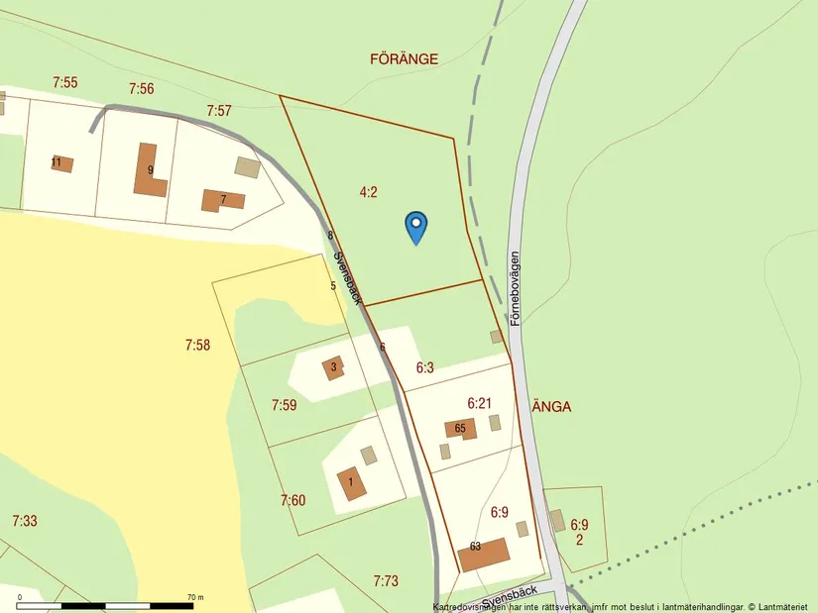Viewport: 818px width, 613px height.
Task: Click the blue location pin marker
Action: point(416,227)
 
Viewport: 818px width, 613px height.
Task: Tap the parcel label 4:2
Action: point(368,192)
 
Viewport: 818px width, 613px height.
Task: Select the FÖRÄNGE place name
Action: point(404,59)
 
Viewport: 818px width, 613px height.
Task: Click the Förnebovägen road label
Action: point(515,288)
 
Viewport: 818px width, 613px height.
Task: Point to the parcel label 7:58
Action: point(198,345)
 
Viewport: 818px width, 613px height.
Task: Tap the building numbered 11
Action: point(61,163)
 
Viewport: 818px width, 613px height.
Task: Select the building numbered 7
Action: point(222,200)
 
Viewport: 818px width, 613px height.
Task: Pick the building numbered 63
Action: point(484,554)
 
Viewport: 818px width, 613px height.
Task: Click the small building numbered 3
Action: point(334,367)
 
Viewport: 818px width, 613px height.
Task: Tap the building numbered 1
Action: point(351,483)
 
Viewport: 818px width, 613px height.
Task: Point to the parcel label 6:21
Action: point(479,403)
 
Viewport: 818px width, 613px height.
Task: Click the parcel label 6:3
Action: point(424,367)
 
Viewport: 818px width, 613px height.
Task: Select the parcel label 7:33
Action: point(25,521)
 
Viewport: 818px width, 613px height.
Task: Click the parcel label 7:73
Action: point(386,580)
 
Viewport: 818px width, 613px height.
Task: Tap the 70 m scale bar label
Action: point(194,597)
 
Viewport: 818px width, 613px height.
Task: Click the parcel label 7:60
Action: point(292,500)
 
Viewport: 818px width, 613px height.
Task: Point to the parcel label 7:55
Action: point(64,83)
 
